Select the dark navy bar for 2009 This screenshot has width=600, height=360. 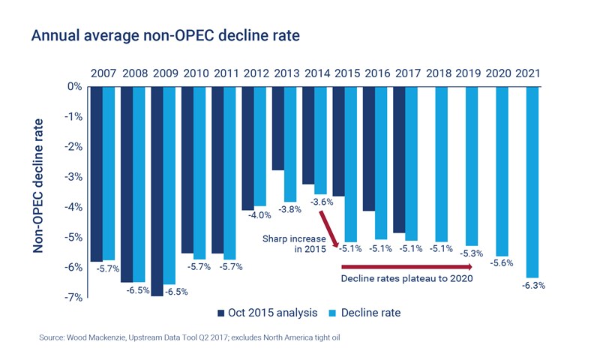click(x=157, y=191)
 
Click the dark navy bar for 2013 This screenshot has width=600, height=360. click(x=277, y=128)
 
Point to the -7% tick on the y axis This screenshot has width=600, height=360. click(x=71, y=298)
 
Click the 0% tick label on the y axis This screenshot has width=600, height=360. click(x=73, y=86)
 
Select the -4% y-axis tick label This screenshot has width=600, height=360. click(x=71, y=207)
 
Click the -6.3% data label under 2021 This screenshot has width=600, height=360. click(x=532, y=286)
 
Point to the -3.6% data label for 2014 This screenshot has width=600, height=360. click(x=321, y=202)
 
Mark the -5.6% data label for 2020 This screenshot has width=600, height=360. click(x=502, y=262)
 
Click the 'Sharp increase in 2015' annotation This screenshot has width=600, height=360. click(x=293, y=243)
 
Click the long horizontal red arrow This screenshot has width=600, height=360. click(x=404, y=266)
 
